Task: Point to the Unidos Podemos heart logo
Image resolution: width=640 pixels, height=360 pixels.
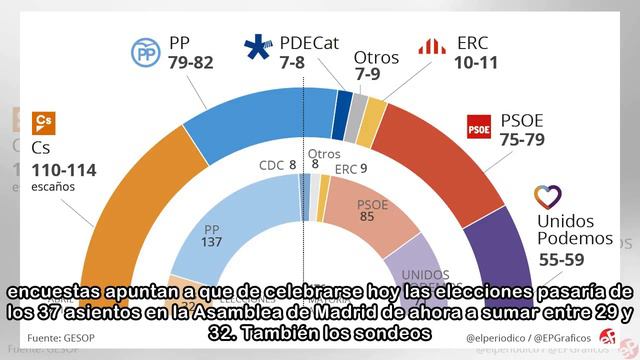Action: point(550,196)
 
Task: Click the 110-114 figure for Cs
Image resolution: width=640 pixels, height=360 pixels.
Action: point(65,170)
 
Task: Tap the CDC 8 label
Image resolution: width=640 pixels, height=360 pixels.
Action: point(277,165)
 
